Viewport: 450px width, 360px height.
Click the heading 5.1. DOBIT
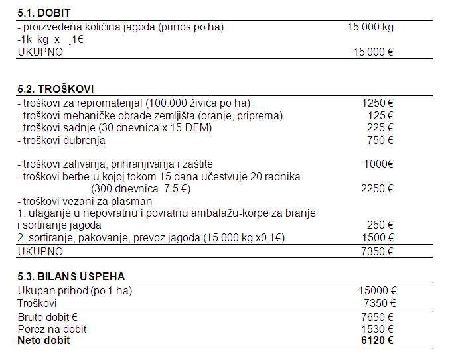click(x=44, y=13)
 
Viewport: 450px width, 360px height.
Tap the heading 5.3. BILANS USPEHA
click(x=71, y=276)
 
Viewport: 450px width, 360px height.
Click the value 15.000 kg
click(x=370, y=27)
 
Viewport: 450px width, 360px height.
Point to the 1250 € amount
click(x=378, y=103)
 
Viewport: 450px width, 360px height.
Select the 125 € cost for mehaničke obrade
click(x=381, y=115)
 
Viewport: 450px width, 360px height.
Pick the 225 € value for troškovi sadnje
click(x=380, y=127)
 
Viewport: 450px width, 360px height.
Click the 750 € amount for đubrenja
click(x=380, y=140)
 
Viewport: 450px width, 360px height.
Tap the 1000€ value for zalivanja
click(x=378, y=164)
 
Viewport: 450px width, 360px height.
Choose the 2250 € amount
click(x=377, y=189)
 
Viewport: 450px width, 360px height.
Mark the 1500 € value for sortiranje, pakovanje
click(x=377, y=238)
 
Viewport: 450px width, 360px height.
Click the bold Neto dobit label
click(x=44, y=341)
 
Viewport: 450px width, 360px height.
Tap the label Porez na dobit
click(x=52, y=329)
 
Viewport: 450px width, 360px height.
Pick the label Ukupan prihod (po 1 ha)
click(x=70, y=290)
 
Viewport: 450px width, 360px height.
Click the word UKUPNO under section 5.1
click(x=40, y=52)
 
